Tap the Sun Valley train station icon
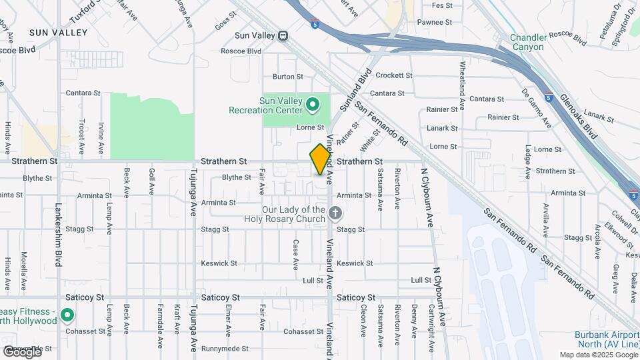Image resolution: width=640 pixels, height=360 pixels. tap(283, 35)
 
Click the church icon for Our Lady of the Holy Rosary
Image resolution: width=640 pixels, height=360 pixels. tap(335, 213)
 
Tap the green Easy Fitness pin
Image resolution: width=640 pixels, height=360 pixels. tap(67, 315)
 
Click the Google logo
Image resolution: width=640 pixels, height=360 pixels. tap(21, 352)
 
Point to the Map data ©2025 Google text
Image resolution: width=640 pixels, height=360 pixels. tap(598, 355)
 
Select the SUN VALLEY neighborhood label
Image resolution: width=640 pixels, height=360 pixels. tap(58, 32)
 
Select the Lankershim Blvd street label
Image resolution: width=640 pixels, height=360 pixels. tap(58, 235)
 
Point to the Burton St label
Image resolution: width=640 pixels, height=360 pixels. tap(288, 77)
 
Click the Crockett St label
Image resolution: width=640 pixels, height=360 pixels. tap(394, 76)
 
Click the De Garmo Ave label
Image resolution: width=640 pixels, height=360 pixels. tap(537, 108)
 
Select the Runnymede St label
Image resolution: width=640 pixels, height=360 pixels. tap(225, 349)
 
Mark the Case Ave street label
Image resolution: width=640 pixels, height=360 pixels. tap(295, 255)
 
